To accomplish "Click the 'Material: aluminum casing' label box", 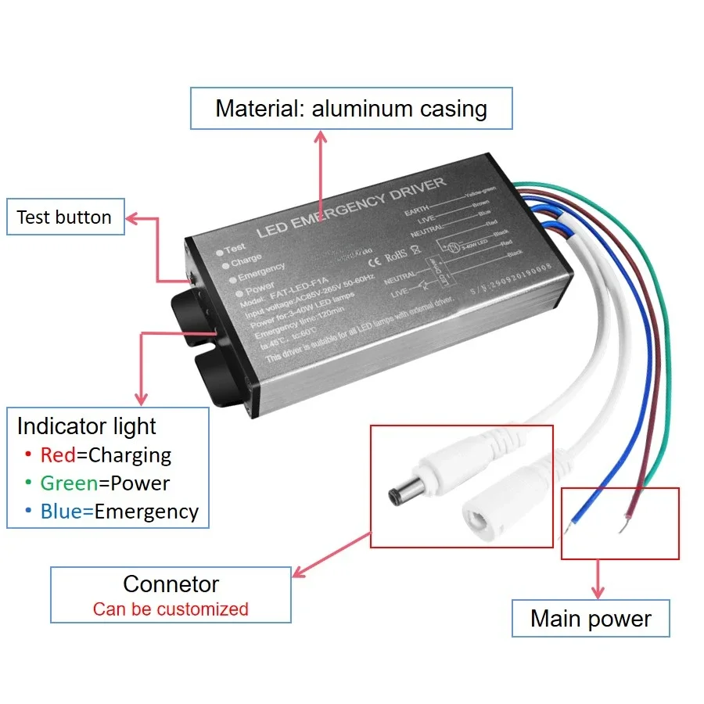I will click(351, 108).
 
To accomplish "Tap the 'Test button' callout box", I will click(64, 217).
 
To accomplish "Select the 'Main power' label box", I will click(591, 619).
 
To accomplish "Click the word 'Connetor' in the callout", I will click(171, 584).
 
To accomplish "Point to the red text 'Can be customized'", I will click(171, 609).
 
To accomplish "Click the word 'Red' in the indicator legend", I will click(57, 454).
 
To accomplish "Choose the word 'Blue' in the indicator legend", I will click(61, 511).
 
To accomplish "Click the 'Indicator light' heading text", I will click(87, 426).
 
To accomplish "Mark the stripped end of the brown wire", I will click(623, 528).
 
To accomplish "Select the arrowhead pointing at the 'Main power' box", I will click(599, 592).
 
